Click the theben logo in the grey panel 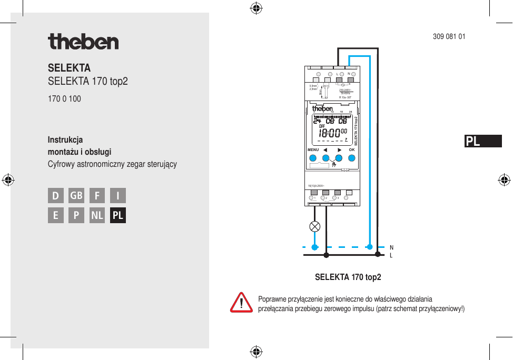(83, 42)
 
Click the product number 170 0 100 (64, 99)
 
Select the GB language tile (76, 196)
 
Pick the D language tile (55, 196)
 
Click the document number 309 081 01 (449, 37)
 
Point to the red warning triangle (241, 303)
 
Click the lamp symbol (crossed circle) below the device (315, 227)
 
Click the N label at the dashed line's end (391, 247)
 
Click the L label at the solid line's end (391, 256)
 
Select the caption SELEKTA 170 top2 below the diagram (348, 277)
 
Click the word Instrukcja (65, 140)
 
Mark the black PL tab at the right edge (483, 141)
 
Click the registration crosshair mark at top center (256, 8)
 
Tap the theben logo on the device (322, 109)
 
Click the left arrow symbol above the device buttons (326, 150)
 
